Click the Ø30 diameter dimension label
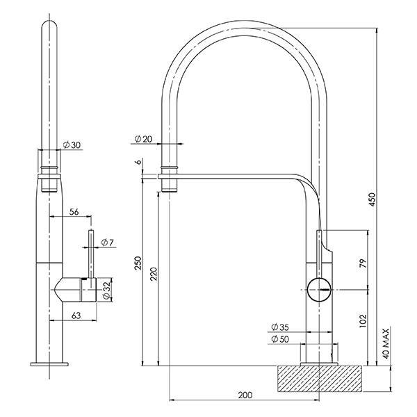(72, 145)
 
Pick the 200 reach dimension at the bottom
(245, 395)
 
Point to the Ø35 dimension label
(280, 326)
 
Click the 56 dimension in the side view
(72, 213)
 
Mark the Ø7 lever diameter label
(107, 243)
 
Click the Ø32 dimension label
(106, 291)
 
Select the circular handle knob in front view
(319, 286)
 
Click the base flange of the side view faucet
(50, 363)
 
